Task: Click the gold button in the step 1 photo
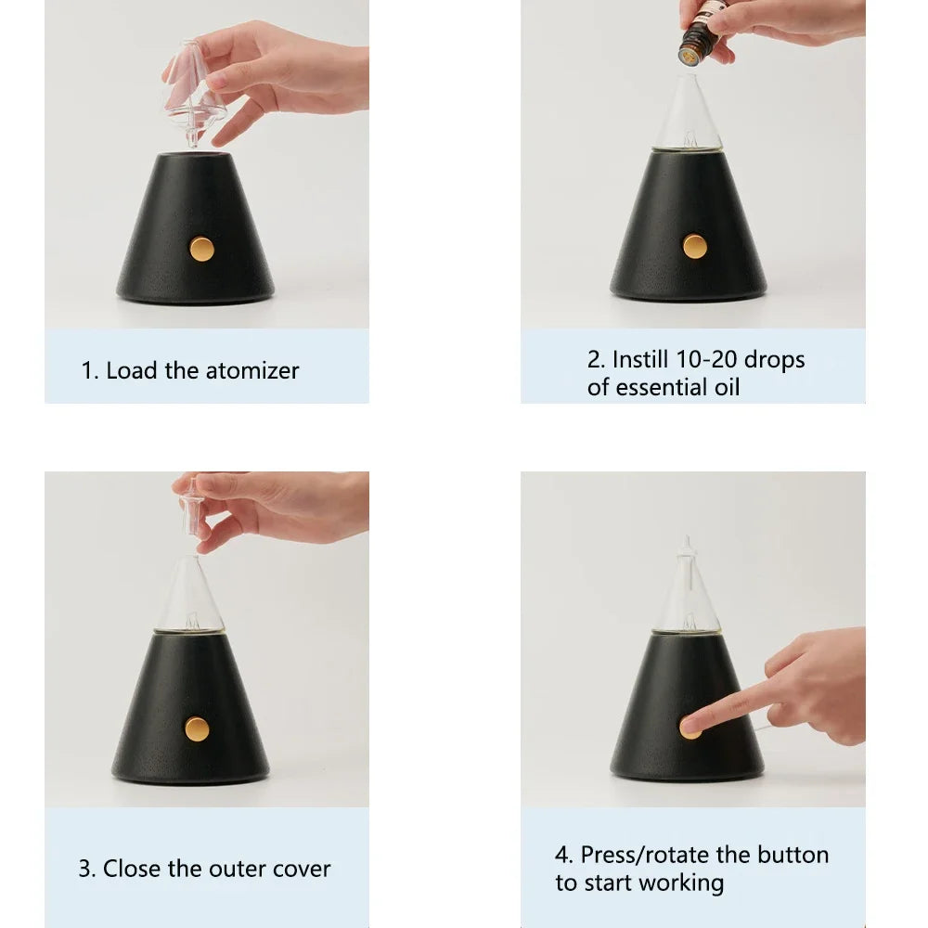pos(201,249)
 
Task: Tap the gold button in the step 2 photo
pos(694,246)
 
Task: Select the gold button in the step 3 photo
pos(197,729)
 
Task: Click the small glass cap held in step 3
pos(193,506)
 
